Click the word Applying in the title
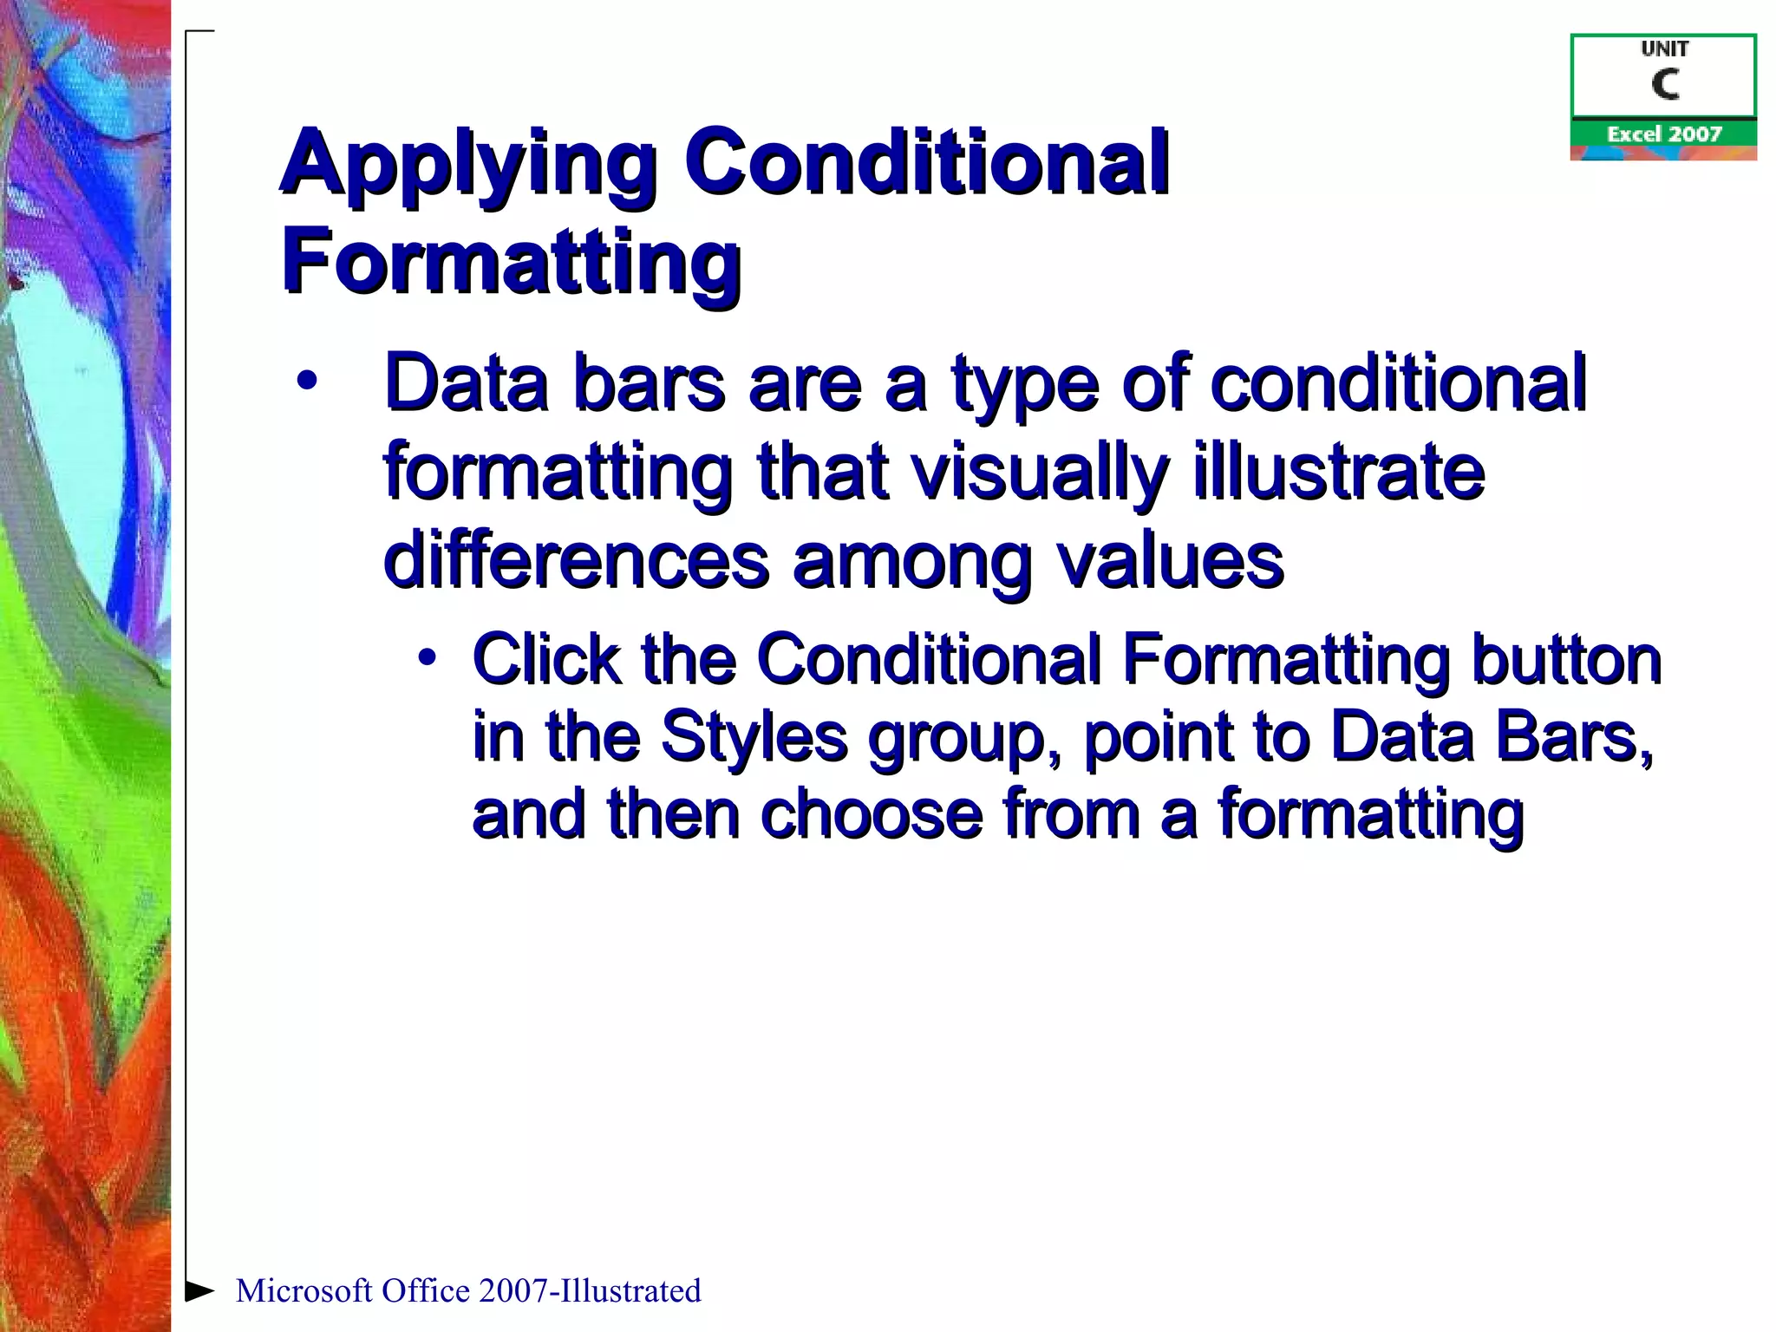(468, 165)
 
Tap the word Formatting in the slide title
(511, 260)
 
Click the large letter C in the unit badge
(1664, 85)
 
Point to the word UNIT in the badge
(1664, 49)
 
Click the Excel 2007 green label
(1663, 134)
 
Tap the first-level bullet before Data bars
(306, 382)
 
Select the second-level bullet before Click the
(426, 657)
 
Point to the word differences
(576, 561)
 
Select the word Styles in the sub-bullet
(754, 737)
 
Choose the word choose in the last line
(872, 814)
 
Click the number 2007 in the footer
(513, 1291)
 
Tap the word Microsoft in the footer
(304, 1291)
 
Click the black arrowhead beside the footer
(199, 1290)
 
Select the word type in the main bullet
(1024, 386)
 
